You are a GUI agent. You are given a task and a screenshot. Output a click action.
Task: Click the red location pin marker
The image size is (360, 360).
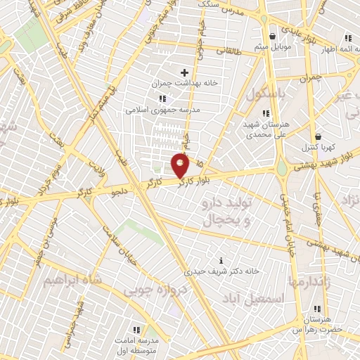click(x=181, y=165)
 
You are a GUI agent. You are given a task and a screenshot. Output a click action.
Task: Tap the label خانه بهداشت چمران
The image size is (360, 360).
click(x=184, y=84)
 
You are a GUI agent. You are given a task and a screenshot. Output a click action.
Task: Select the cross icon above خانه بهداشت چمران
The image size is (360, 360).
click(x=185, y=72)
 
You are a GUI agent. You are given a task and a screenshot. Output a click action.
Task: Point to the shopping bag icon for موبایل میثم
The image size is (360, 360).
click(x=272, y=36)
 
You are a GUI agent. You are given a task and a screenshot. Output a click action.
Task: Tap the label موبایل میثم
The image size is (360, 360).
click(x=272, y=47)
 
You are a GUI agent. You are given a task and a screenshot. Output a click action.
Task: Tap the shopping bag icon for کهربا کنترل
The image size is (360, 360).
click(x=318, y=136)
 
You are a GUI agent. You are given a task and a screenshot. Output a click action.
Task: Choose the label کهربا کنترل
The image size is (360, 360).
click(x=318, y=148)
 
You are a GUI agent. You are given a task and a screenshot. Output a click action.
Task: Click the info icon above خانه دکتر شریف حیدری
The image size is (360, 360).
click(x=222, y=260)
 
